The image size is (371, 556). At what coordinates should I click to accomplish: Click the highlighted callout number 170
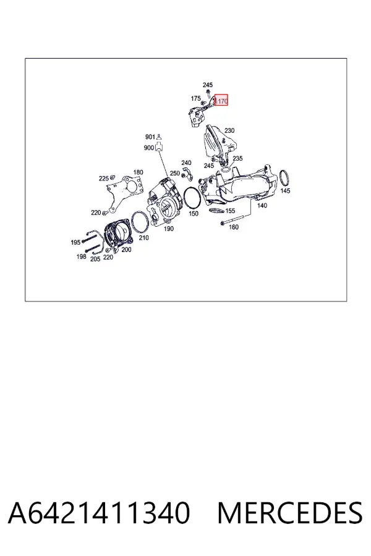click(x=222, y=101)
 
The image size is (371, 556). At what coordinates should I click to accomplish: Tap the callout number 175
click(x=195, y=98)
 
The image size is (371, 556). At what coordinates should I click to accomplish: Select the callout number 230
click(x=229, y=130)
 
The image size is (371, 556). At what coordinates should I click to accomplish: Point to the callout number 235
click(x=237, y=158)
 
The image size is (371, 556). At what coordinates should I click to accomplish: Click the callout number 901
click(x=150, y=137)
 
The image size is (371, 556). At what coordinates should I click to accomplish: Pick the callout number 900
click(x=149, y=148)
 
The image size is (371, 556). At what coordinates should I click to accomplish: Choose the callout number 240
click(x=186, y=162)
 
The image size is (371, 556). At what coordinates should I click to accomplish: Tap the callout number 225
click(x=104, y=179)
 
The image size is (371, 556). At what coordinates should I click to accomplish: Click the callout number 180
click(x=138, y=172)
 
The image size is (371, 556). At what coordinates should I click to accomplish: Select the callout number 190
click(x=169, y=229)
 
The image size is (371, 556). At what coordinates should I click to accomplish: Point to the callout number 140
click(x=262, y=205)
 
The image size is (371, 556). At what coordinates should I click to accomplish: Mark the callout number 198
click(x=81, y=256)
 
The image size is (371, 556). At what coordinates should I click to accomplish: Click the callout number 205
click(x=95, y=259)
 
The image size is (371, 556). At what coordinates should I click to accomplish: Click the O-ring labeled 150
click(x=184, y=198)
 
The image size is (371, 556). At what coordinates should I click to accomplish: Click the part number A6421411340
click(x=99, y=513)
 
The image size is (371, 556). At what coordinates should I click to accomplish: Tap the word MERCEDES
click(x=290, y=513)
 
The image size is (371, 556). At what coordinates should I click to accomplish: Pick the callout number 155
click(x=230, y=211)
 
